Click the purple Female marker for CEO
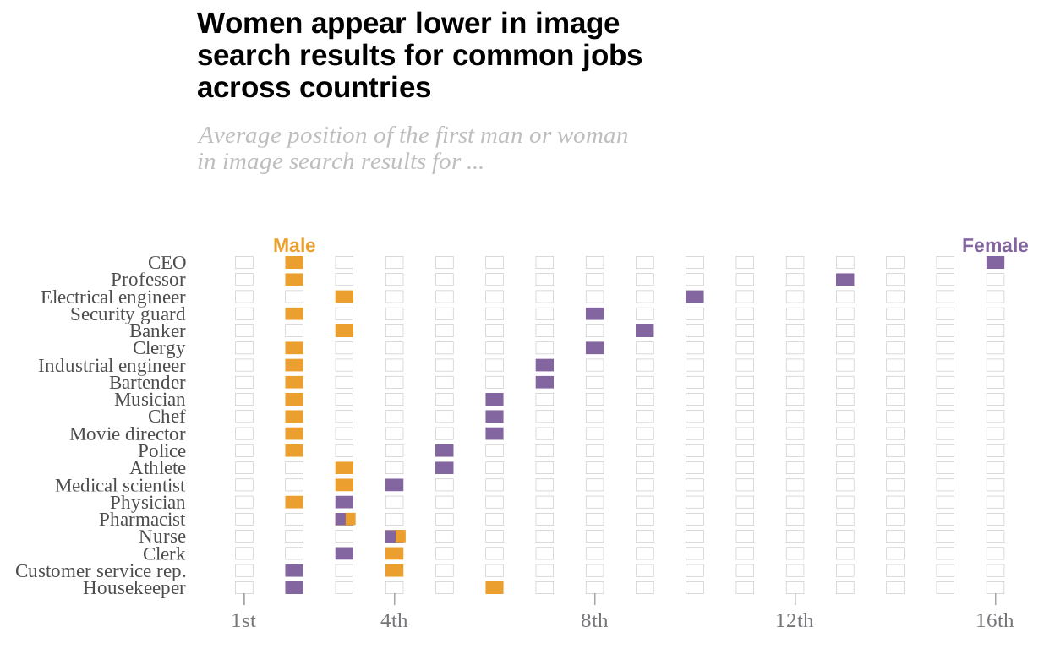point(995,263)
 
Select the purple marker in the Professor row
point(845,280)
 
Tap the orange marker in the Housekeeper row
point(495,587)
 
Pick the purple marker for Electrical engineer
point(695,297)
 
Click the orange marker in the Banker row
point(344,330)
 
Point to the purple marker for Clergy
point(595,348)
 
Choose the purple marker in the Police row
point(445,450)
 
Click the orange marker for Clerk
point(394,554)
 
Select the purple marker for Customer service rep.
point(294,570)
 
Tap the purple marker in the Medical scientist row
point(394,485)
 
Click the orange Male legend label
point(294,246)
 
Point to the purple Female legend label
point(995,246)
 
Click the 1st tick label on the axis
point(243,621)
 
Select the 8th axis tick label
point(594,621)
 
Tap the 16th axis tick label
point(995,621)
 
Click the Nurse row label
point(162,537)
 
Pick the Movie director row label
point(128,434)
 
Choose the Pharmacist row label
point(142,519)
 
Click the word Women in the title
point(249,24)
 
